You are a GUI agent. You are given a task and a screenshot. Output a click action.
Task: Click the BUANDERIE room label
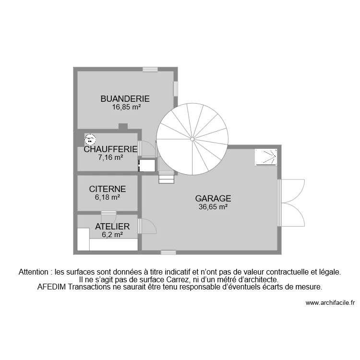tap(125, 99)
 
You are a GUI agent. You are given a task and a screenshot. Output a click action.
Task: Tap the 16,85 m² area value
tap(126, 108)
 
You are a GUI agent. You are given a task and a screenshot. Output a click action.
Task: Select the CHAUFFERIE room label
tap(110, 149)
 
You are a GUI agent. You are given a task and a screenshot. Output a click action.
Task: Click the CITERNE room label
tap(108, 189)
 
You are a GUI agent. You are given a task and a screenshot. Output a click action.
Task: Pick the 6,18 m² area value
tap(107, 197)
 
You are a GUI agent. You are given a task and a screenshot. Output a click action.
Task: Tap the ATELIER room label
tap(112, 227)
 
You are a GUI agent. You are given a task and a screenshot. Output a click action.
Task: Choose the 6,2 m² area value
tap(112, 235)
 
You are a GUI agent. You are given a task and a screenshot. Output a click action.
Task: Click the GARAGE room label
tap(213, 198)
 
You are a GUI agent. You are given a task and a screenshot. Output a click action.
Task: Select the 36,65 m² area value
tap(213, 207)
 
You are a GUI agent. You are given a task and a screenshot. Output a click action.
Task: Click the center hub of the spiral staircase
tap(192, 139)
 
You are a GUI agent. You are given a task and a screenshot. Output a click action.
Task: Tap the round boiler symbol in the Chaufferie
tap(90, 140)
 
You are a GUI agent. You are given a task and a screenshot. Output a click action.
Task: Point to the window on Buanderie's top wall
tap(150, 69)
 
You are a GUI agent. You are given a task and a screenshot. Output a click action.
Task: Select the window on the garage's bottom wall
tap(168, 252)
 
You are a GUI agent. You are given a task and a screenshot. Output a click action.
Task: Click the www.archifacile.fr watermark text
tap(330, 303)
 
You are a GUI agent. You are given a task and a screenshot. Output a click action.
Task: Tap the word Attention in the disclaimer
tap(34, 272)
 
